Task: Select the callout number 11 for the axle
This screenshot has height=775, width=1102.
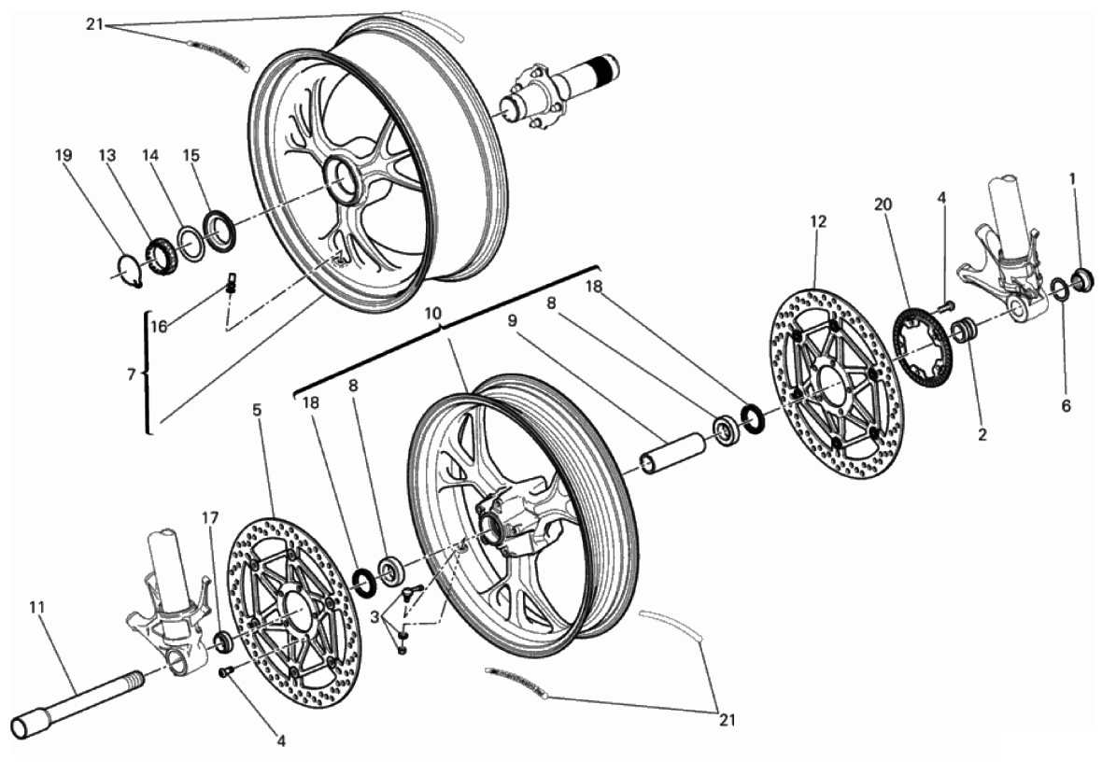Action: pyautogui.click(x=36, y=607)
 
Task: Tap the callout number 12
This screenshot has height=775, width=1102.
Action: pyautogui.click(x=818, y=222)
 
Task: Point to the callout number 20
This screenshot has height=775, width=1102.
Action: pyautogui.click(x=883, y=204)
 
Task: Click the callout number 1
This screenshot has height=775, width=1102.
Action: pyautogui.click(x=1072, y=177)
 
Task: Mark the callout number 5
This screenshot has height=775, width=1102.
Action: pyautogui.click(x=257, y=409)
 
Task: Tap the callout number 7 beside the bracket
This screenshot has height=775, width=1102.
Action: pyautogui.click(x=132, y=374)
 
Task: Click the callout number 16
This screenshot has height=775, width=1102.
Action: pyautogui.click(x=159, y=326)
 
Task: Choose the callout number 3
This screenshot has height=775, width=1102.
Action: pyautogui.click(x=374, y=617)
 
